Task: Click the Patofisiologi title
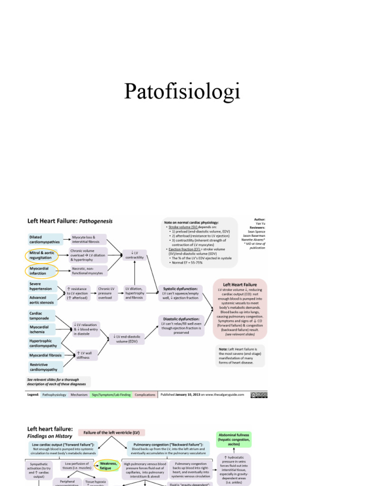[182, 91]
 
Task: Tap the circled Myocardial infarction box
[40, 271]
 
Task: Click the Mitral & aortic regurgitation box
[40, 255]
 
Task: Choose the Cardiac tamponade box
[41, 316]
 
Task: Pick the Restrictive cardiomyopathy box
[44, 366]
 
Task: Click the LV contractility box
[134, 255]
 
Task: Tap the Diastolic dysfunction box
[181, 326]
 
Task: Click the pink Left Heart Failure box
[240, 308]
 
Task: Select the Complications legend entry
[145, 394]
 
